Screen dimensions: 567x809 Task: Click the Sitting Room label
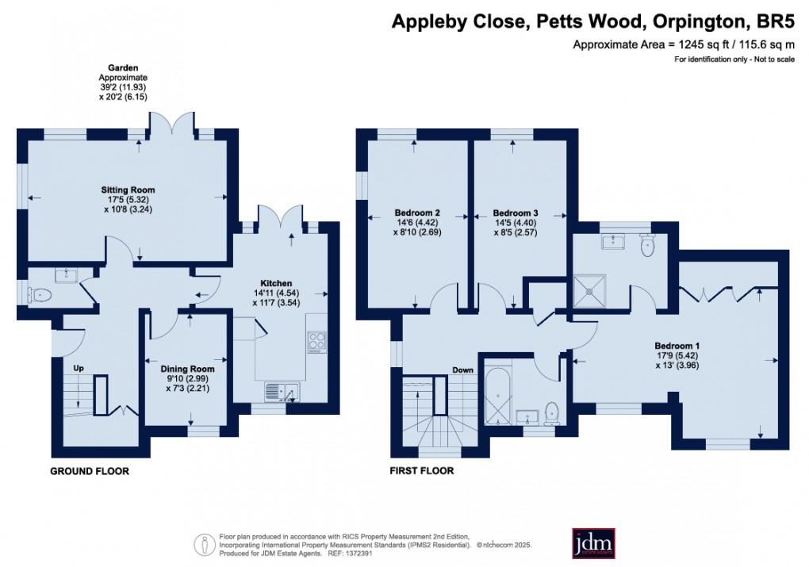tap(127, 190)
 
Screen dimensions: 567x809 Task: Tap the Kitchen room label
tap(277, 283)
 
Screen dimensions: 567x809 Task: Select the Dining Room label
tap(187, 369)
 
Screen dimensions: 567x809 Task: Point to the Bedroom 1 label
tap(677, 346)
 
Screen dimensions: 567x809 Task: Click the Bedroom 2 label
tap(417, 213)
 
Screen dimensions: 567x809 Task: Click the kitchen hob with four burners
tap(316, 343)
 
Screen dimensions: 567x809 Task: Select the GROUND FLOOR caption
tap(89, 471)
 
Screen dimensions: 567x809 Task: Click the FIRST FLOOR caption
tap(422, 471)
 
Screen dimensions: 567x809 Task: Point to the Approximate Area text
tap(684, 45)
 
